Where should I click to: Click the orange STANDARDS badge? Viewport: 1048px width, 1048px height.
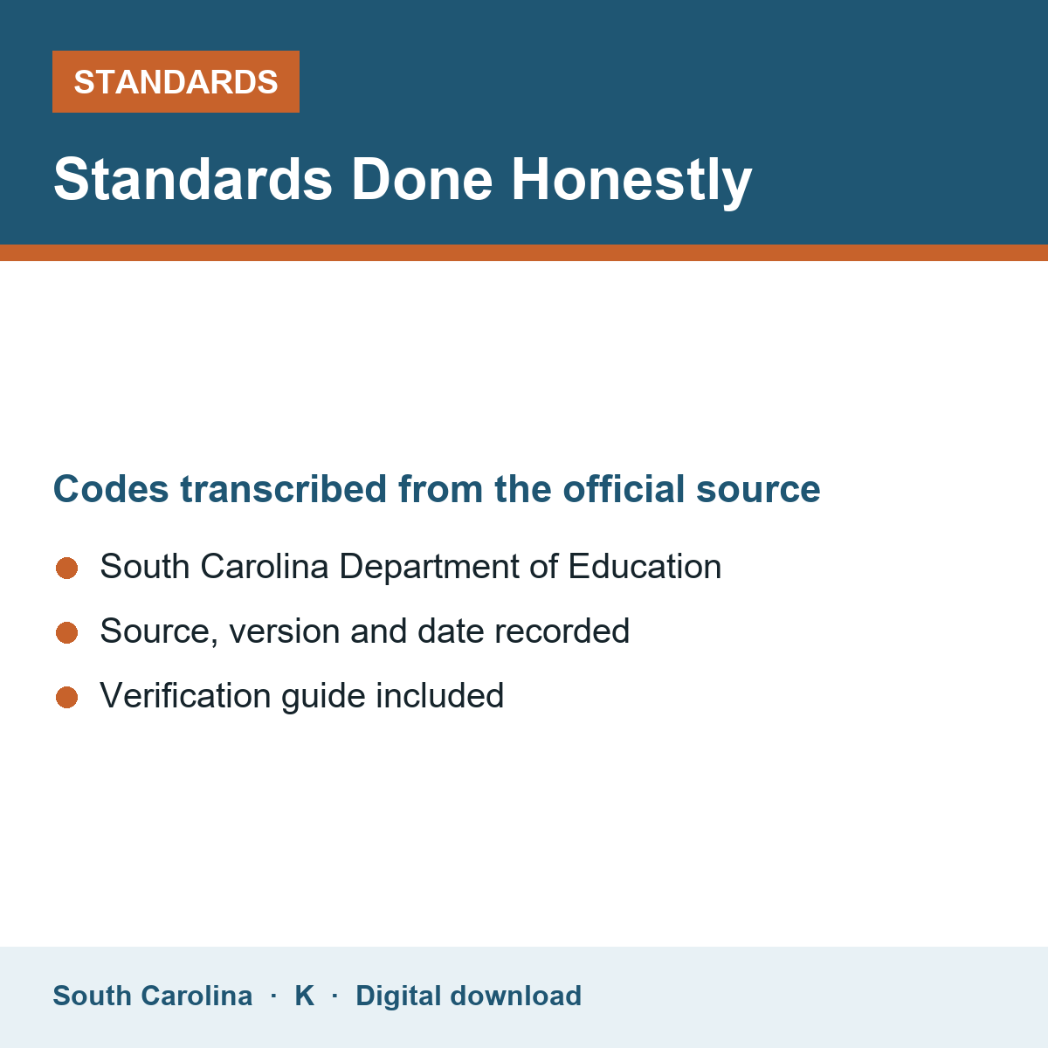(x=176, y=81)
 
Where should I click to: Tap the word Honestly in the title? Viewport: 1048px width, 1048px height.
(x=631, y=181)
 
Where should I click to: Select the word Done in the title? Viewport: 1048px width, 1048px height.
(x=422, y=180)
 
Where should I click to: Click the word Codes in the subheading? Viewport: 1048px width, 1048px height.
(x=111, y=489)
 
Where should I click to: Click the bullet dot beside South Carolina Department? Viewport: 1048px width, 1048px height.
(x=67, y=569)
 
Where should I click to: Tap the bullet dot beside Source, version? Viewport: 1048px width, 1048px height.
(x=67, y=633)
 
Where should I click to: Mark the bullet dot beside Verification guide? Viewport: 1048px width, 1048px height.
(x=67, y=698)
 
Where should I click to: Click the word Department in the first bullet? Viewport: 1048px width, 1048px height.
(x=429, y=568)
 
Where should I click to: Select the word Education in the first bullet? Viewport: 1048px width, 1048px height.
(x=645, y=566)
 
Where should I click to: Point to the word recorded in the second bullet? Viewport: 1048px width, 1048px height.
(x=562, y=631)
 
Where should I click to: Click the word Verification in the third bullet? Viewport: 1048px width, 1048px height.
(x=185, y=695)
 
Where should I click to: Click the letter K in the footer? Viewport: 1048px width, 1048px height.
(x=305, y=996)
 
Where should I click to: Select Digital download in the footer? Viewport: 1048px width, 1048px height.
(x=469, y=996)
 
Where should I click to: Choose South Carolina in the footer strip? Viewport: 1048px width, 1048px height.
(x=153, y=996)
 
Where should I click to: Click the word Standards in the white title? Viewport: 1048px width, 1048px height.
(x=193, y=180)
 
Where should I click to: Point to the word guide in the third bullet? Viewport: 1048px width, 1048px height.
(x=324, y=697)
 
